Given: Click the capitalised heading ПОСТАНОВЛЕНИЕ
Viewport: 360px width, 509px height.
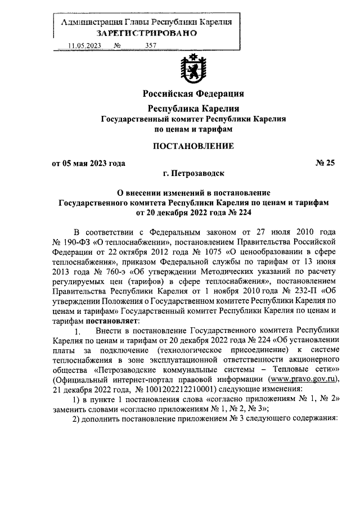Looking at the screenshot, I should (193, 146).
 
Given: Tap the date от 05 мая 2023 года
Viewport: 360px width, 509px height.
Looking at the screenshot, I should (88, 163).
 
